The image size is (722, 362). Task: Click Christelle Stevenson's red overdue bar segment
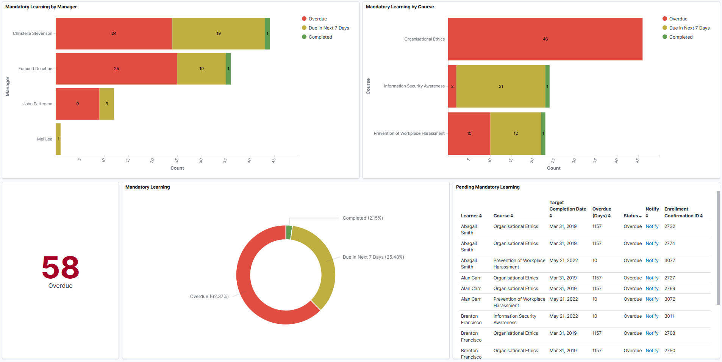coord(114,33)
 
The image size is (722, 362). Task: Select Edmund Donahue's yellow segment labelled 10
coord(202,69)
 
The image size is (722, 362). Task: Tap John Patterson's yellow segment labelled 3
coord(107,104)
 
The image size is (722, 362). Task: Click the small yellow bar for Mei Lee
coord(58,139)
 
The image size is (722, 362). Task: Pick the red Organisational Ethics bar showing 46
coord(545,39)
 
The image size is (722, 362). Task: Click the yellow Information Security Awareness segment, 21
coord(501,86)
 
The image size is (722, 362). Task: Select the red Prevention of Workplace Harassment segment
coord(469,133)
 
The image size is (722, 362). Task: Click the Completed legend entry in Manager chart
coord(320,37)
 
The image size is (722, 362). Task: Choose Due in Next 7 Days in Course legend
coord(689,28)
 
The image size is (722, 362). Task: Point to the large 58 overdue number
coord(61,267)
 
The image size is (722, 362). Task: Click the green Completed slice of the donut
coord(289,232)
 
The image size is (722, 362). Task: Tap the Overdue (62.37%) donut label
coord(209,296)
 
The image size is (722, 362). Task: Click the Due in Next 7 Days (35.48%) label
coord(373,257)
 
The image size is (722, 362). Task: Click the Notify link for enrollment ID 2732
coord(652,226)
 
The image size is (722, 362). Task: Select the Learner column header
coord(471,216)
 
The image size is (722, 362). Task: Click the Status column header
coord(632,216)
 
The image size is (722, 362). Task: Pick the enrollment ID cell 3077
coord(669,261)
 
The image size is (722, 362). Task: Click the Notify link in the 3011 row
coord(652,316)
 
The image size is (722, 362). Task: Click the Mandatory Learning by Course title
coord(400,7)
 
